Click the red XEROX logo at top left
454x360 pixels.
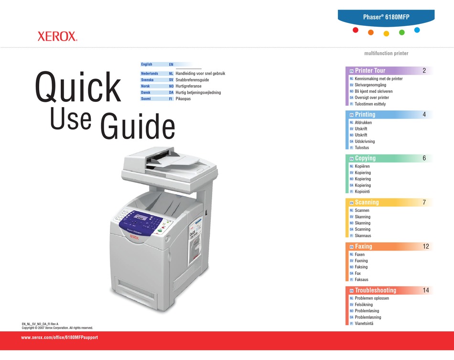click(x=57, y=36)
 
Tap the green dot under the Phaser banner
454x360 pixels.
click(x=402, y=33)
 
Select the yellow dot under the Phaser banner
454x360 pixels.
click(x=386, y=33)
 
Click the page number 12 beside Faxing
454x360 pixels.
click(x=426, y=246)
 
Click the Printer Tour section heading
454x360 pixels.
click(x=370, y=70)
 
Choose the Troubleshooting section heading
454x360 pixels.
click(x=375, y=290)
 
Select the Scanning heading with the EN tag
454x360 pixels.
click(x=367, y=202)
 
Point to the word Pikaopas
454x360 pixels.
click(x=184, y=98)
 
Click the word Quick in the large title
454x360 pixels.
click(x=78, y=87)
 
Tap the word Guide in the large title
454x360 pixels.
click(x=138, y=126)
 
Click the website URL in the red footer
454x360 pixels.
click(x=60, y=338)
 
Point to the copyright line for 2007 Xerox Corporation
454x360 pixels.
click(x=57, y=328)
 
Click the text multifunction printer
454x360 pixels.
click(x=386, y=54)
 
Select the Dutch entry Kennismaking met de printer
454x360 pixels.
click(x=378, y=78)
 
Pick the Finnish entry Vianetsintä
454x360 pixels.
click(x=364, y=324)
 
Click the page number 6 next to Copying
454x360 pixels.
click(x=424, y=158)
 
